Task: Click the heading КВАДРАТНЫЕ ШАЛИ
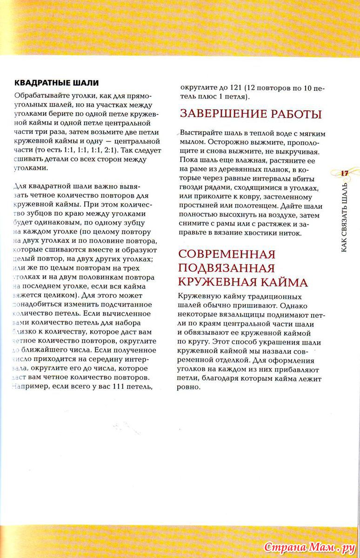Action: point(56,83)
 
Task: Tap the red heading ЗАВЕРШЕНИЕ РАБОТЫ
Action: point(251,114)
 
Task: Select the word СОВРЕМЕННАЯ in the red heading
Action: point(227,254)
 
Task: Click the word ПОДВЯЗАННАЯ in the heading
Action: point(226,268)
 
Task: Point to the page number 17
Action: point(345,173)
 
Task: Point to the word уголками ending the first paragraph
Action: point(29,168)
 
